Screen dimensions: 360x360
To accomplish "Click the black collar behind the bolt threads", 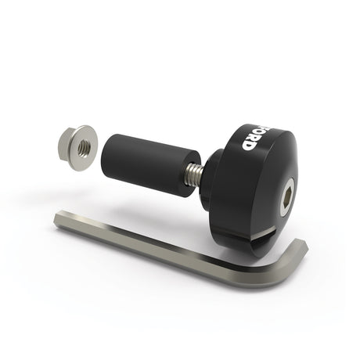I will click(x=205, y=182).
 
